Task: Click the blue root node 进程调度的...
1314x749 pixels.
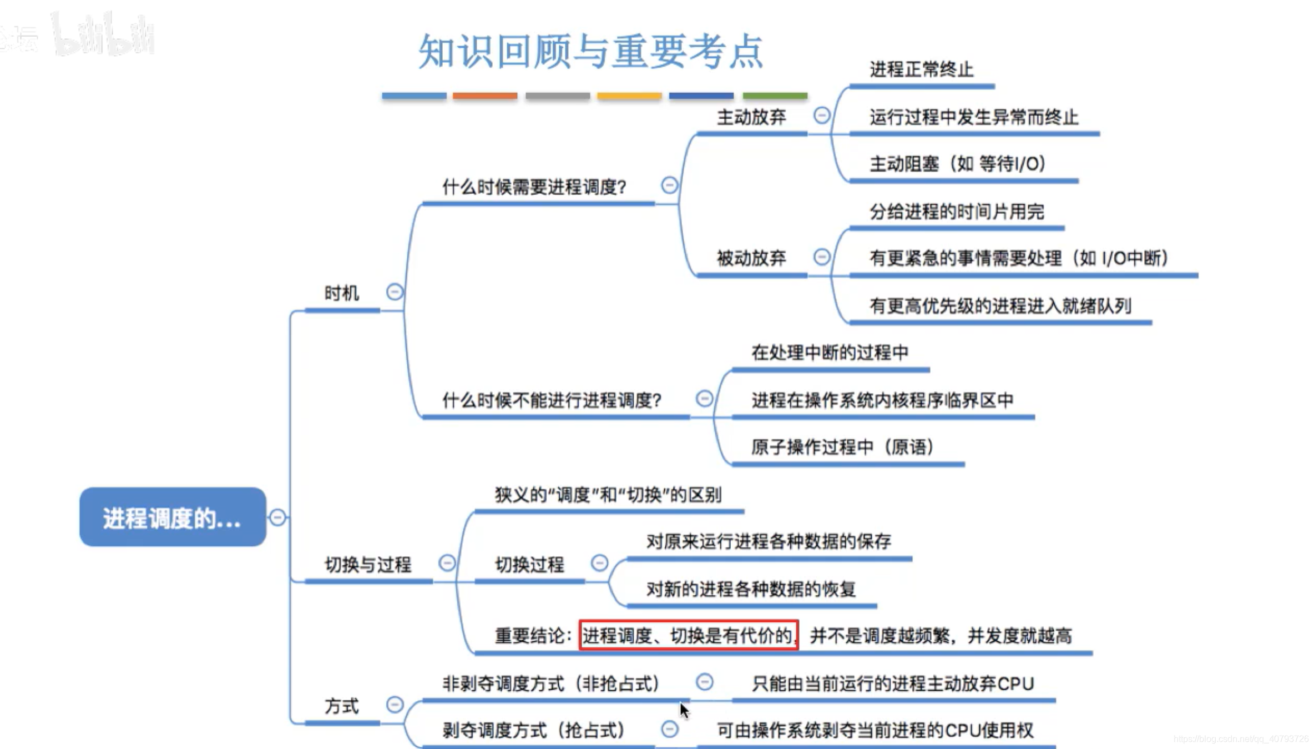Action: (x=173, y=517)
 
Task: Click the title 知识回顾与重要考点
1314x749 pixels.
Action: (x=590, y=51)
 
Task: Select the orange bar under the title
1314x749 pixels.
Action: (x=484, y=96)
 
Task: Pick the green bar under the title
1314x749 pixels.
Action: (x=775, y=96)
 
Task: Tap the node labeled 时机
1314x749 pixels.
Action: (x=341, y=293)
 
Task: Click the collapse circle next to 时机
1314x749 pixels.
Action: (x=395, y=291)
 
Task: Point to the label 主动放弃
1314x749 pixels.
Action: (x=751, y=117)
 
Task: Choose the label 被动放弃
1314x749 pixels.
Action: (x=751, y=258)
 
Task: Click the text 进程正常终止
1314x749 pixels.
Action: (x=921, y=69)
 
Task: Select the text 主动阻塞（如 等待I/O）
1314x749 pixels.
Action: (x=957, y=164)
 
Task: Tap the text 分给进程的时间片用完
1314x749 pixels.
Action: (x=957, y=212)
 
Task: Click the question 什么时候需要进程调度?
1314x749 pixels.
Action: (x=534, y=187)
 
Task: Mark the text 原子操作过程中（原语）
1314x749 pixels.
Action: (x=842, y=447)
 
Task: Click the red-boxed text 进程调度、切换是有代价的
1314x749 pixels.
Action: (x=688, y=635)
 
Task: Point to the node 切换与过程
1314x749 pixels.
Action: (x=368, y=565)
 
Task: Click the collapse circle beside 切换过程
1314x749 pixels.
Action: (x=599, y=563)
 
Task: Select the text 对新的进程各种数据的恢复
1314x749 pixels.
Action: (x=751, y=589)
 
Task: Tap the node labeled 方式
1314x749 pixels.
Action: (x=341, y=706)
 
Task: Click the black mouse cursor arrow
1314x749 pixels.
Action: (x=684, y=710)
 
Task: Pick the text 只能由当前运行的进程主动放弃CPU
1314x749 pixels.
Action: (x=893, y=683)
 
